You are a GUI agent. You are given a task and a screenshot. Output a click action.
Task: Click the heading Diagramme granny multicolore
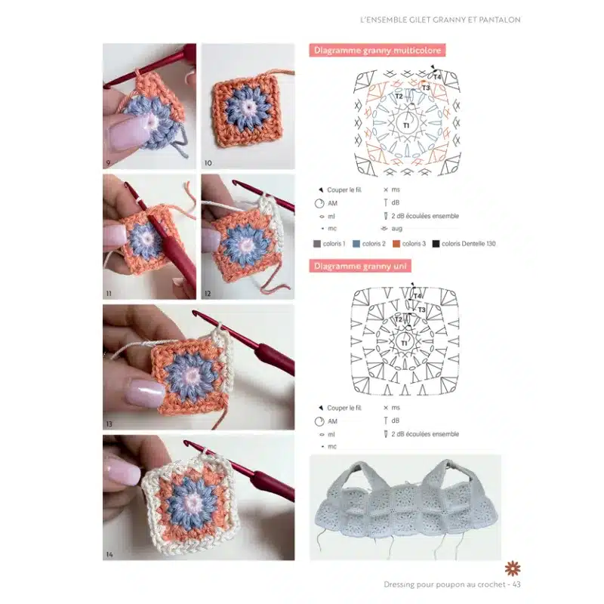coord(377,51)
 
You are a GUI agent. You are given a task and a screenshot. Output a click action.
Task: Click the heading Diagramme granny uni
coord(360,267)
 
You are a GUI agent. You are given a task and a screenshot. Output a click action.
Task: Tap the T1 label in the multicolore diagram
coord(406,125)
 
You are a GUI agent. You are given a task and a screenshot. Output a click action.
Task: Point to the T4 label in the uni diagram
coord(418,296)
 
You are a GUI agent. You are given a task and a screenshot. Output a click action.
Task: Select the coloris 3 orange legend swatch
coord(396,244)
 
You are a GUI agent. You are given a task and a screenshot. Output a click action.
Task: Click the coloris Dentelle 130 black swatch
coord(436,244)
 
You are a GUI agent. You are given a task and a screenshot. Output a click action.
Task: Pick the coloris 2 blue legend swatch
coord(356,244)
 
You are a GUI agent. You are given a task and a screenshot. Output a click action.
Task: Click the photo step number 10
coord(208,163)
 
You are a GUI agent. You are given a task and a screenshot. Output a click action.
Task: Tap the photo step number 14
coord(109,554)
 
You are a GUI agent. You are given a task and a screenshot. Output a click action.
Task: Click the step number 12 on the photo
coord(208,294)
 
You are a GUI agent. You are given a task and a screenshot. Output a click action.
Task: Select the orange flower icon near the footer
coord(513,569)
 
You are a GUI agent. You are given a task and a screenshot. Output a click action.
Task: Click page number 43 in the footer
coord(516,584)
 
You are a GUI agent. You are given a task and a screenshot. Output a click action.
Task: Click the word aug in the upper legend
coord(397,229)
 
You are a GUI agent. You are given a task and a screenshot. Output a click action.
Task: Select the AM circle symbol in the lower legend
coord(319,421)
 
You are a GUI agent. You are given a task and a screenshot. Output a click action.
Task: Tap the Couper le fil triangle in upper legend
coord(321,190)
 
